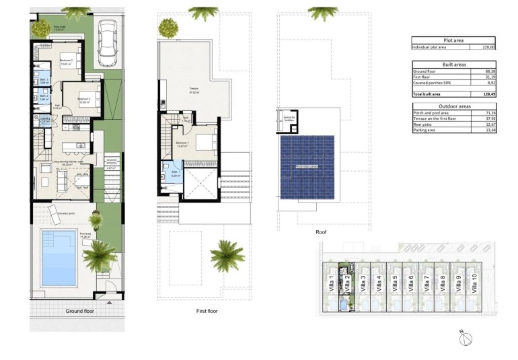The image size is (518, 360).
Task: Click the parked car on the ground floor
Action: [x=108, y=44]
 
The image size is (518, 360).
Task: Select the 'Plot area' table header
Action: [x=453, y=40]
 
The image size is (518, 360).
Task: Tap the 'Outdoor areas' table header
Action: [x=453, y=106]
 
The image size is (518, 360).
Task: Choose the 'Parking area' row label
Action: [x=427, y=130]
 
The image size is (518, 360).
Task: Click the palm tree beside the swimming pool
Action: [x=100, y=254]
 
